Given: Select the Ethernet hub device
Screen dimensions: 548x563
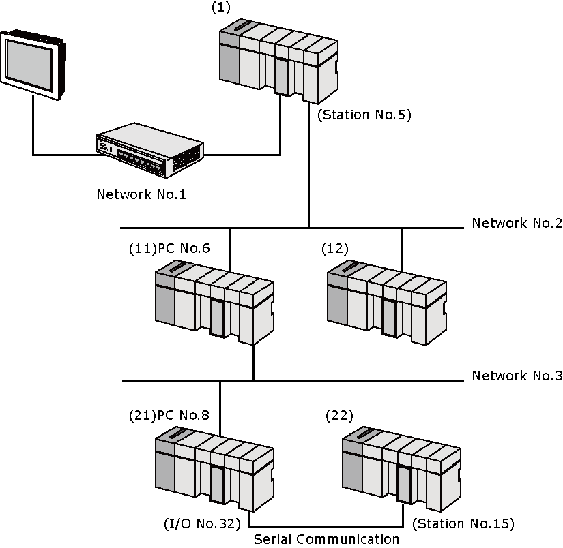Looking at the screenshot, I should tap(149, 150).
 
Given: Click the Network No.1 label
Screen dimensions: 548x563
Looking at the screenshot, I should tap(141, 195).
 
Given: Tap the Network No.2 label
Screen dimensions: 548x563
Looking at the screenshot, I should tap(517, 223).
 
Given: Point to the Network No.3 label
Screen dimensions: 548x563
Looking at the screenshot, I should tap(517, 376).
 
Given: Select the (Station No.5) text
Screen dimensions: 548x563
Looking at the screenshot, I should tap(364, 115).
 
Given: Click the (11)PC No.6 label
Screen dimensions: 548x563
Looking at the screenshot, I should tap(169, 249).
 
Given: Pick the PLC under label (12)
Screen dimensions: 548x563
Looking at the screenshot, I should tap(387, 303).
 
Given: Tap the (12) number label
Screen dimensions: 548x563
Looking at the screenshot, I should tap(334, 249).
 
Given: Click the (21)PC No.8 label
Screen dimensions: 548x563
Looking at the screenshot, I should tap(169, 415).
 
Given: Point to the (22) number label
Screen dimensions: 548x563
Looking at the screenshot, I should tap(339, 415).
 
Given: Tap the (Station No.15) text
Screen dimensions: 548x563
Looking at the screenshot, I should tap(463, 523).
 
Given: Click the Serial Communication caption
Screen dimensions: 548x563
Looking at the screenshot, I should tap(326, 539).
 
